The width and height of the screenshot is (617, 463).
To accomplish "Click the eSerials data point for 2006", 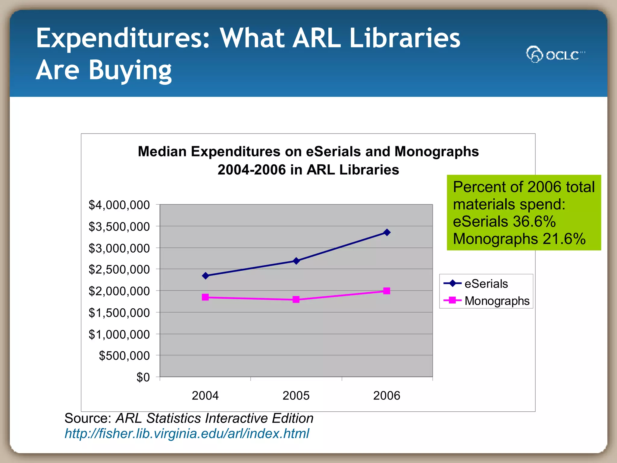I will click(x=387, y=232).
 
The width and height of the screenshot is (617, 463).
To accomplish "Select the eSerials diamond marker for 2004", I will click(x=205, y=276).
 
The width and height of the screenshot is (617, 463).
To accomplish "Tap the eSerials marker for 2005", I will click(x=296, y=261).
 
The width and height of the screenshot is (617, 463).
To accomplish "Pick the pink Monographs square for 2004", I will click(x=205, y=297).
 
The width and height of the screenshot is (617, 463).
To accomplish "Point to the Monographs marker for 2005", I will click(x=296, y=299).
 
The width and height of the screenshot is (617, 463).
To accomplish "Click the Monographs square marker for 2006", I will click(x=387, y=291).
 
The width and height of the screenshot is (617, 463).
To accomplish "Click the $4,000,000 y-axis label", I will click(x=119, y=205).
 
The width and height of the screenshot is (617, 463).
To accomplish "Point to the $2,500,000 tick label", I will click(x=119, y=269).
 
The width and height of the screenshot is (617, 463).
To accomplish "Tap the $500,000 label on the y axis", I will click(x=124, y=356).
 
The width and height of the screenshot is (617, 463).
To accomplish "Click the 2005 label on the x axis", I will click(x=296, y=395).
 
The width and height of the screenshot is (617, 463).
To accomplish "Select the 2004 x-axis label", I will click(x=205, y=395).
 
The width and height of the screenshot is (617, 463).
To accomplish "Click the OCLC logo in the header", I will click(x=555, y=55).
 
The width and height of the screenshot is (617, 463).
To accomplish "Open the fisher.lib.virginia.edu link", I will click(x=187, y=434).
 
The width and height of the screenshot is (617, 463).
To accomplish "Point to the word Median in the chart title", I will click(x=162, y=151).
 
